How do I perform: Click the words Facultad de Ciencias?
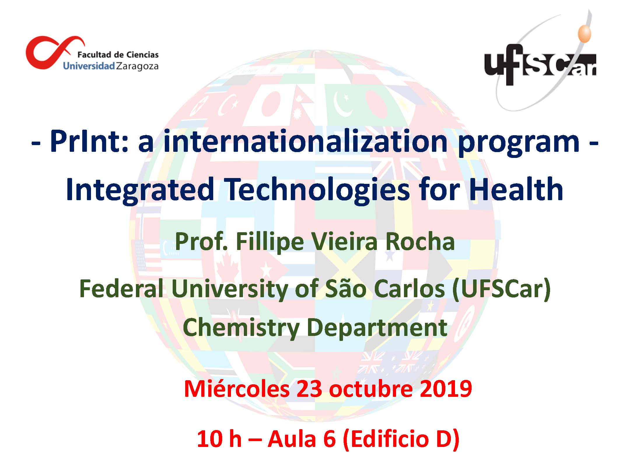118,54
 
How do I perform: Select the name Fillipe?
270,243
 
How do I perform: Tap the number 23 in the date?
309,389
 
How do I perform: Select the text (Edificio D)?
401,439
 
